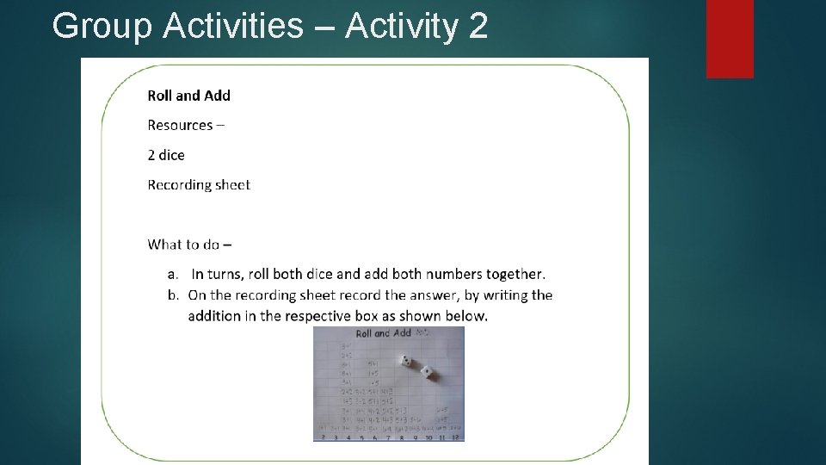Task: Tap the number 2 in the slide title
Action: point(478,27)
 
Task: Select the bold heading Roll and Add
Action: point(189,96)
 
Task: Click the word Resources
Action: point(180,126)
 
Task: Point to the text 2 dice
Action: point(166,155)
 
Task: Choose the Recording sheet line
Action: point(199,185)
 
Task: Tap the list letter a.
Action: point(172,275)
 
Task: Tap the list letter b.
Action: point(172,295)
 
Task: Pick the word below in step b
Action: point(465,316)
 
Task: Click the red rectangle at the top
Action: point(730,38)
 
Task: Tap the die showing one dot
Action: point(427,373)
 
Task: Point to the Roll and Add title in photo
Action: point(383,333)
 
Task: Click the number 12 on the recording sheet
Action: point(456,437)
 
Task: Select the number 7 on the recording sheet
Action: point(390,437)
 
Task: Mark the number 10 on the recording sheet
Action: point(428,437)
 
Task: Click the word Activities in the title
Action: point(233,27)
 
